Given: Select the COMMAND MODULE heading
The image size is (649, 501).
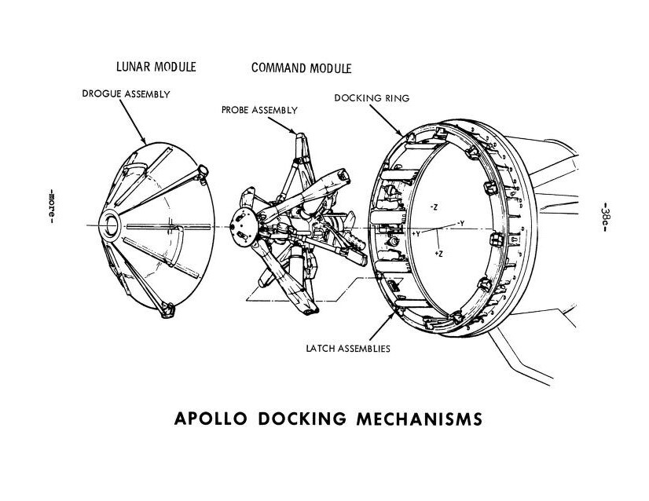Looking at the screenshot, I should (301, 67).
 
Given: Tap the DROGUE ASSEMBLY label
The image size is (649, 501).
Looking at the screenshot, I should (126, 94).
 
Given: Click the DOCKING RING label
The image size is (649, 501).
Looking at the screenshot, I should (372, 98).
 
